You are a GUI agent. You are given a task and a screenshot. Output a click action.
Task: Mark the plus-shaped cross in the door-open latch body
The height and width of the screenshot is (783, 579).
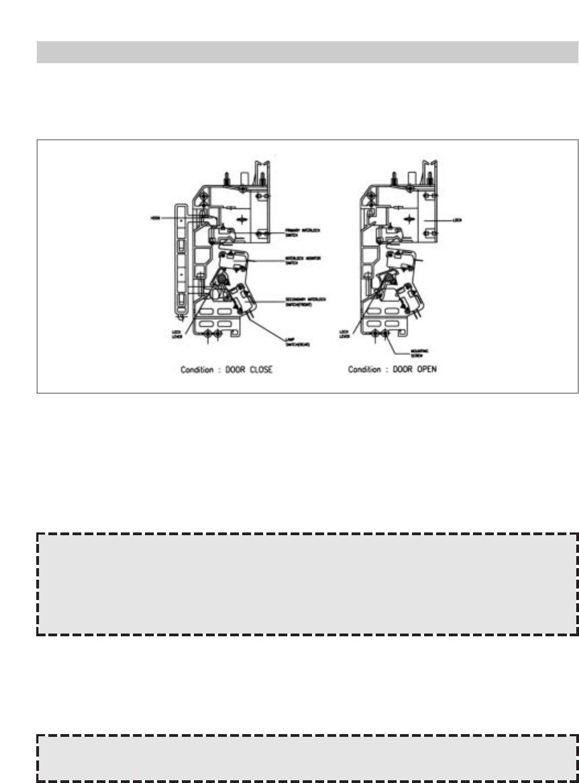coord(408,218)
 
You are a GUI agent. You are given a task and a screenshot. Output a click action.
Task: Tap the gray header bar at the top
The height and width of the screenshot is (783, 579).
coord(307,52)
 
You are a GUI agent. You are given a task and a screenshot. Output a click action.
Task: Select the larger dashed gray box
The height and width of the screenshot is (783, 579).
coord(307,584)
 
